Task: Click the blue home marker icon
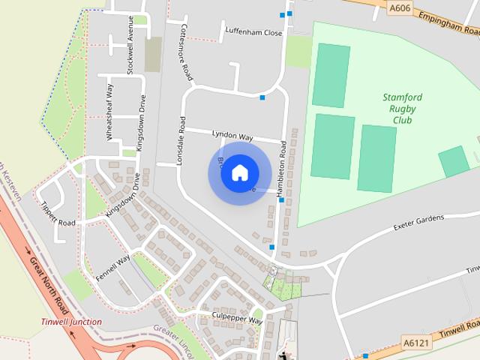click(239, 172)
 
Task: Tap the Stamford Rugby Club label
click(402, 109)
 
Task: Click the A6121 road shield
click(416, 343)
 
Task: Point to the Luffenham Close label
click(253, 32)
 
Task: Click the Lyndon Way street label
click(232, 136)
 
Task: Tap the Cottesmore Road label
click(186, 52)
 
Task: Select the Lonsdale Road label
click(180, 141)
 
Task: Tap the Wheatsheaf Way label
click(110, 112)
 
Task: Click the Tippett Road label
click(58, 214)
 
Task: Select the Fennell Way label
click(112, 268)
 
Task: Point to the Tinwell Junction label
click(71, 322)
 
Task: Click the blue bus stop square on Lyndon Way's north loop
click(262, 97)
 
